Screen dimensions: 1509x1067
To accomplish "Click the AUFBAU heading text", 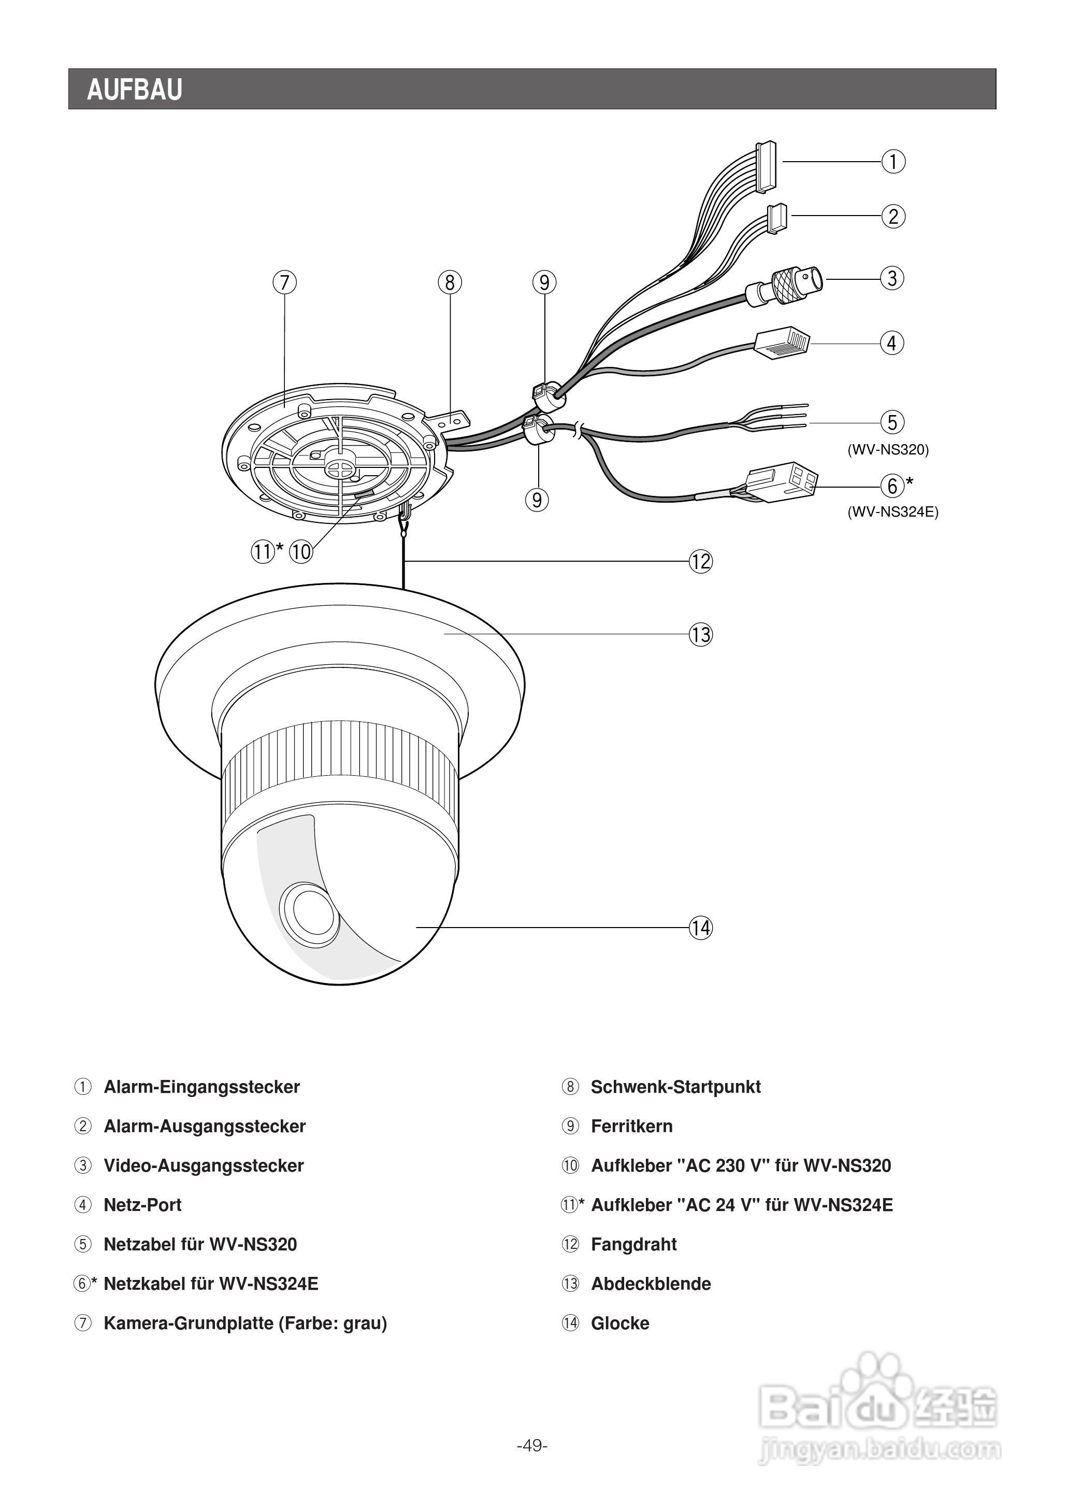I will pyautogui.click(x=134, y=89).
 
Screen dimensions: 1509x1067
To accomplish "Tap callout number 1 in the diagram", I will pyautogui.click(x=893, y=161).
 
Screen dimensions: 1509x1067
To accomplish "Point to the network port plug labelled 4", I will pyautogui.click(x=783, y=343).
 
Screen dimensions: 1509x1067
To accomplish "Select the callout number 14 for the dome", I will pyautogui.click(x=700, y=928).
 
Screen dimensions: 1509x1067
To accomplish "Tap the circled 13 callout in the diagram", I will pyautogui.click(x=700, y=634).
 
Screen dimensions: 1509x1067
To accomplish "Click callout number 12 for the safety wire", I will pyautogui.click(x=700, y=562).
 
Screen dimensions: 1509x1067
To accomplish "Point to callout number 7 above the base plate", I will pyautogui.click(x=284, y=282).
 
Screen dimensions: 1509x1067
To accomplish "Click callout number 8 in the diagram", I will pyautogui.click(x=450, y=282).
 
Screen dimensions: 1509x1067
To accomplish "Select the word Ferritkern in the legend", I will pyautogui.click(x=631, y=1126).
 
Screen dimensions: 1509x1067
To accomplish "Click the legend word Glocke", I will pyautogui.click(x=619, y=1323).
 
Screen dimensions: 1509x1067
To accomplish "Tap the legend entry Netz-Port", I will pyautogui.click(x=142, y=1205).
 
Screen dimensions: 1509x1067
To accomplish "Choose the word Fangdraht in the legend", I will pyautogui.click(x=633, y=1244).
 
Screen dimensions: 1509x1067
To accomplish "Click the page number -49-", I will pyautogui.click(x=532, y=1445).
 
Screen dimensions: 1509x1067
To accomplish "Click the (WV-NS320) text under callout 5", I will pyautogui.click(x=888, y=450).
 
